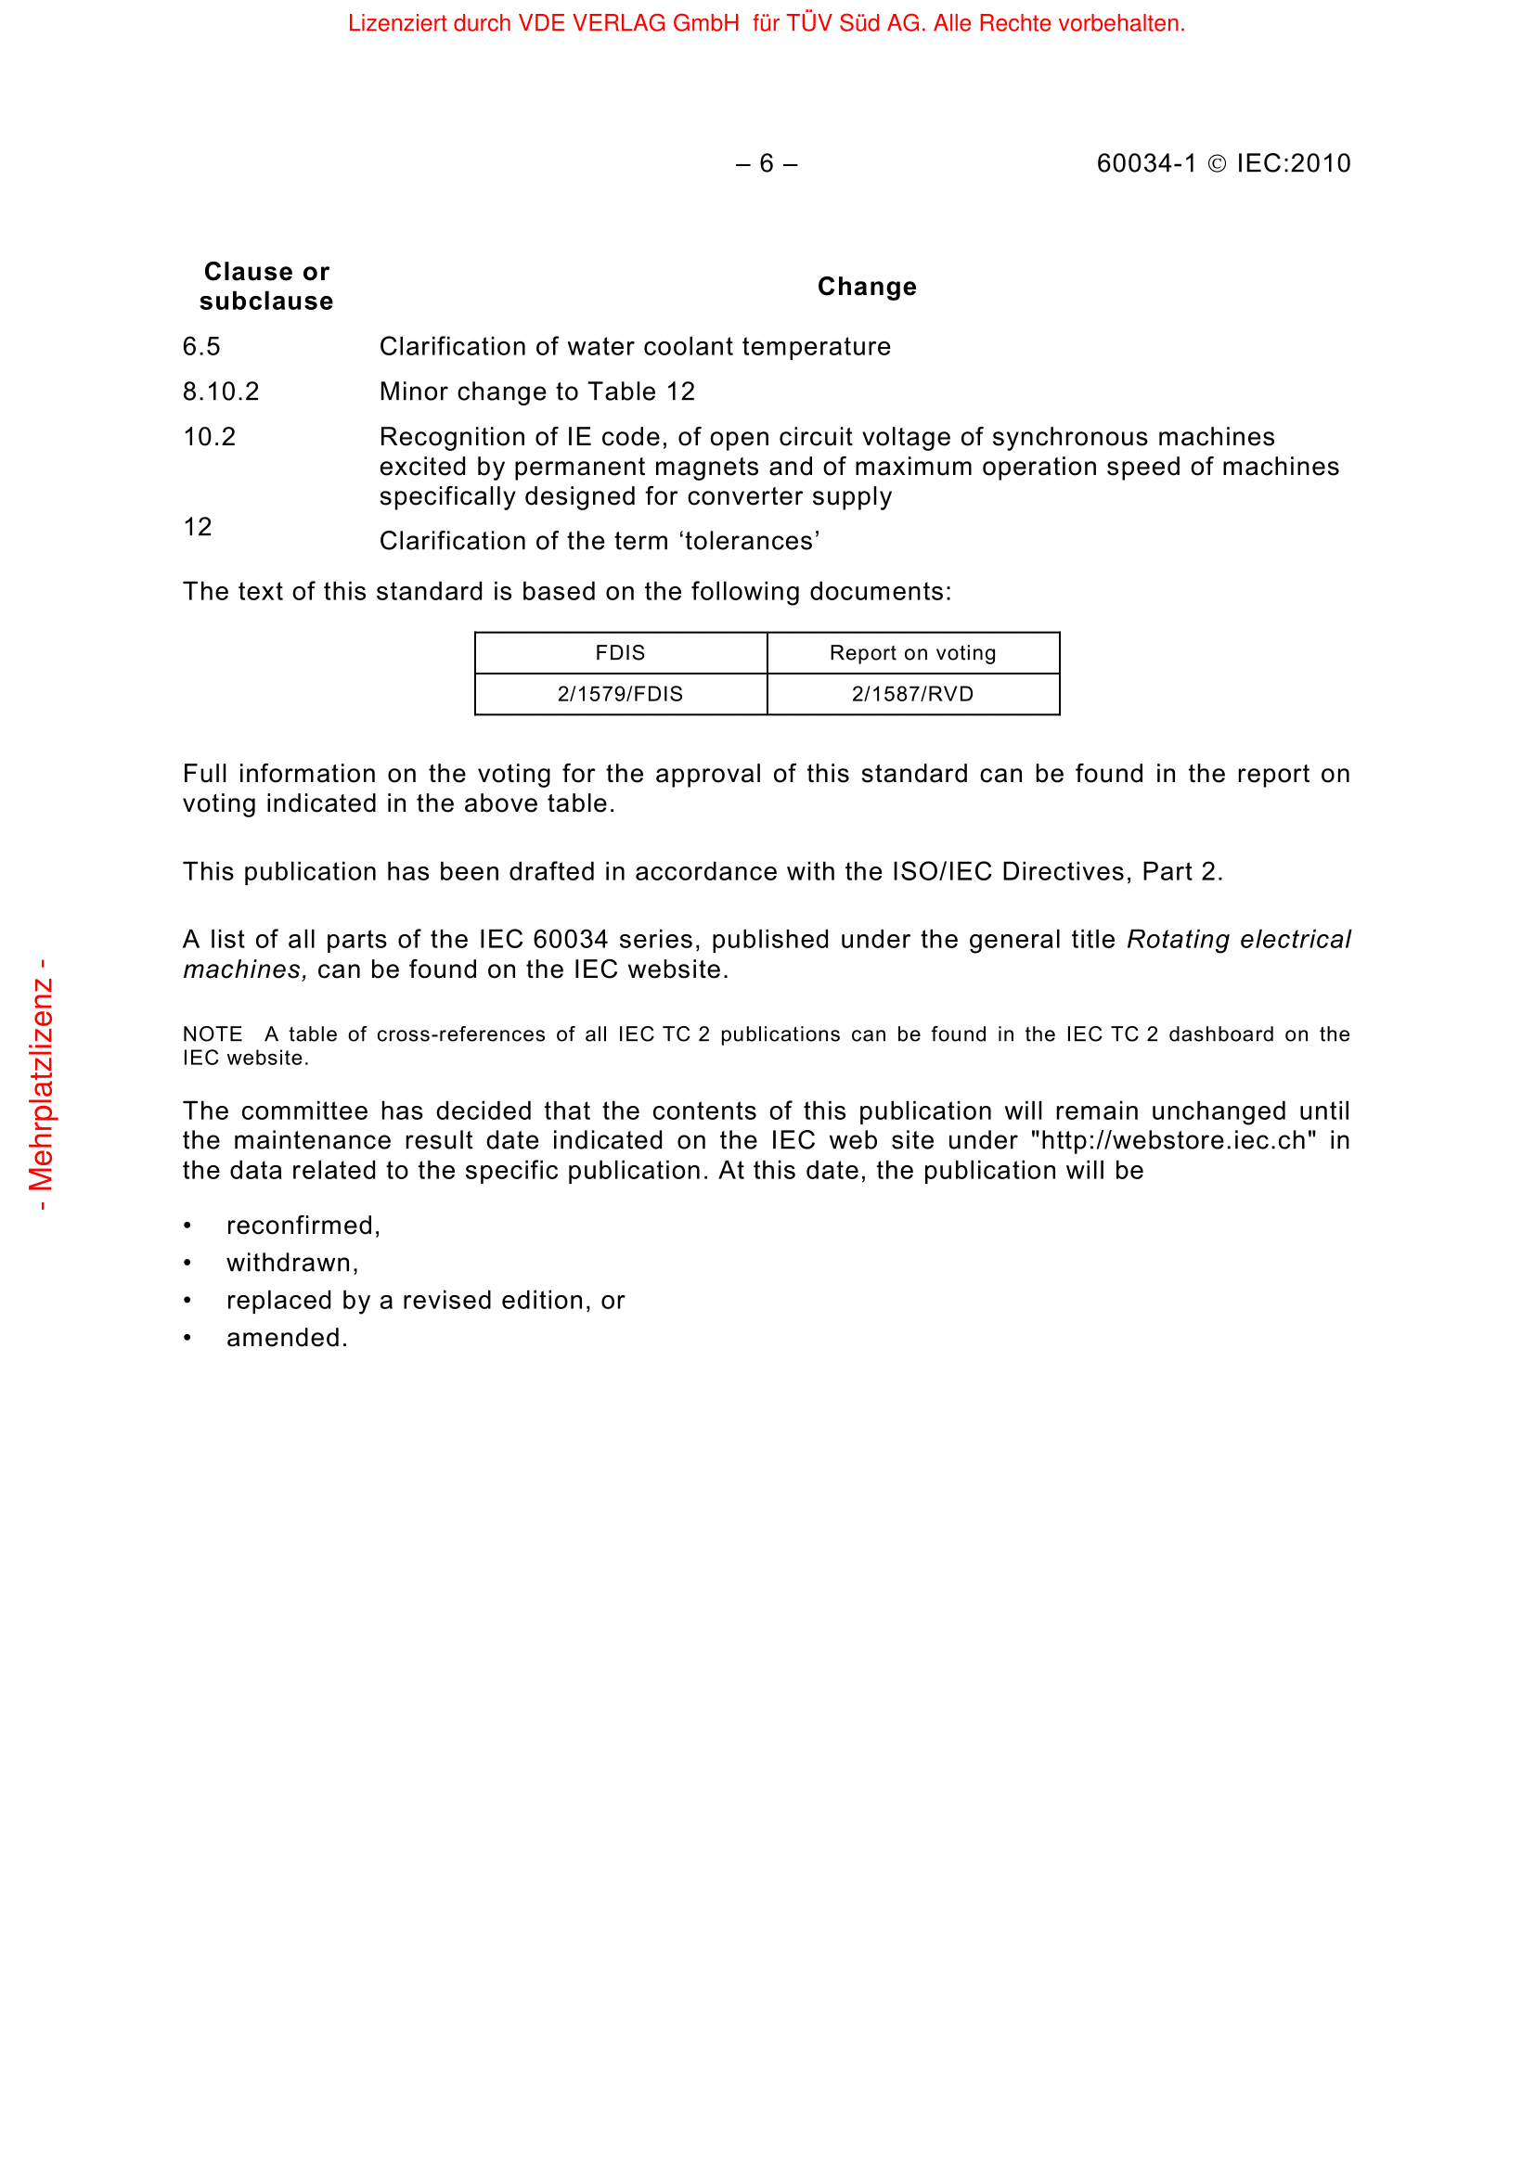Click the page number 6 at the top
click(766, 163)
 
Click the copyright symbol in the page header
click(1217, 164)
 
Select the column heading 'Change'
click(867, 287)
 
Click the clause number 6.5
click(201, 347)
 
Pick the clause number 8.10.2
click(221, 392)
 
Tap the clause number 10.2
click(209, 437)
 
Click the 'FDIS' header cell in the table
click(620, 653)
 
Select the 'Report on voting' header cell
click(912, 653)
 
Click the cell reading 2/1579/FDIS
click(620, 694)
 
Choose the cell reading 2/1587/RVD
click(912, 694)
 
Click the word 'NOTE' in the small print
click(213, 1034)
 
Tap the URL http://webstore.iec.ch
click(1173, 1140)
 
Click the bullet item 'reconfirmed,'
click(303, 1226)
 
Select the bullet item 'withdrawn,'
click(292, 1263)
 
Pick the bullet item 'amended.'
click(287, 1338)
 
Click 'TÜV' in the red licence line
click(808, 23)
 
